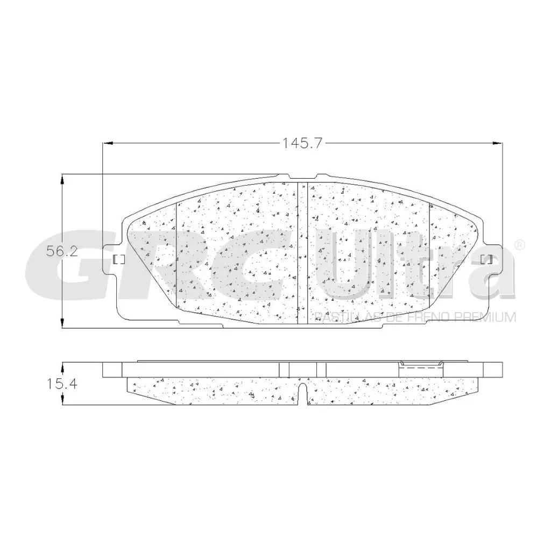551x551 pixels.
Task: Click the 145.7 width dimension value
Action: click(x=303, y=143)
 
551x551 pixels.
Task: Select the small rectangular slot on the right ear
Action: click(x=485, y=259)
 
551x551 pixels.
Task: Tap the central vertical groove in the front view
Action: click(x=302, y=253)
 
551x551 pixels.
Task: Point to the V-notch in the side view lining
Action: click(x=302, y=393)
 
